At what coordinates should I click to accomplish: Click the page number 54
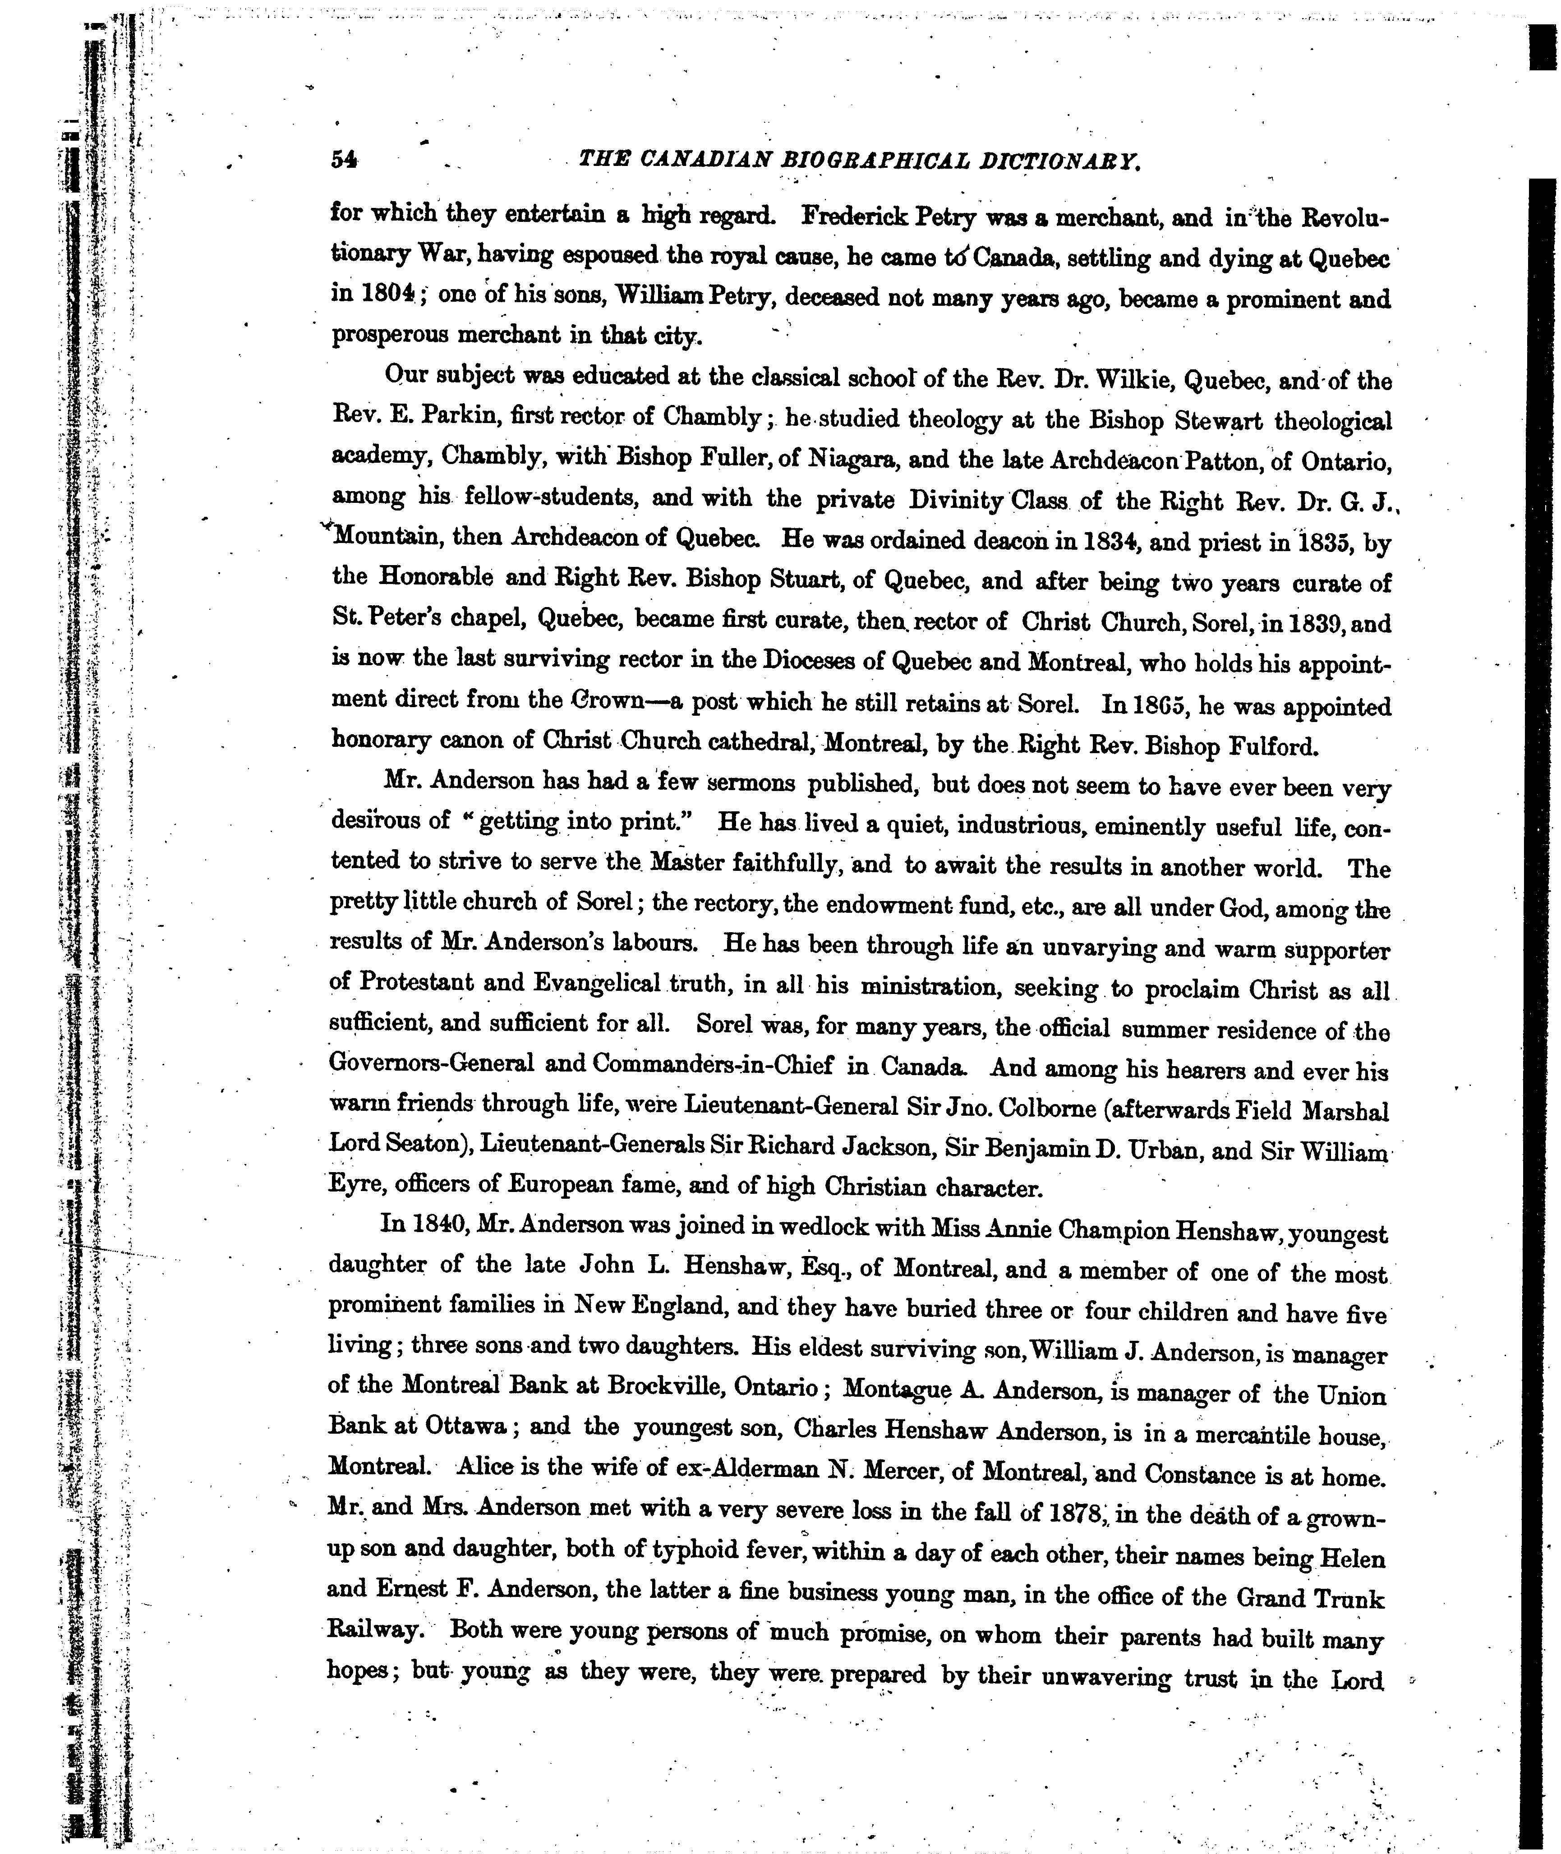pyautogui.click(x=343, y=159)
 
